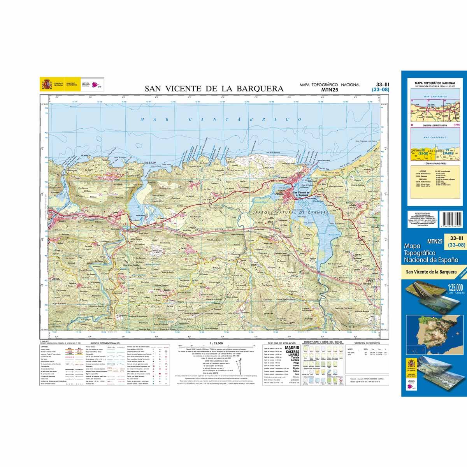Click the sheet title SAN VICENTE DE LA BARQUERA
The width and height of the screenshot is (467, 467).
[214, 88]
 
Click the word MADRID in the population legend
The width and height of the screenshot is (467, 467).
[292, 348]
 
